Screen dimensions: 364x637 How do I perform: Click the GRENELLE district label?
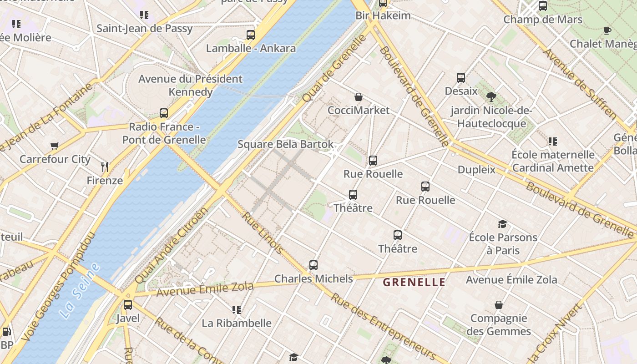tap(414, 282)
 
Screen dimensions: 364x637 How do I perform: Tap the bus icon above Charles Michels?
tap(313, 265)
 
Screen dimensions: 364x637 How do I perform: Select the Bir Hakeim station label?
tap(383, 15)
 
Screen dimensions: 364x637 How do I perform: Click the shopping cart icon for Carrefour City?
tap(55, 146)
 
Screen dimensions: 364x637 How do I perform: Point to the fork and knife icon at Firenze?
tap(105, 167)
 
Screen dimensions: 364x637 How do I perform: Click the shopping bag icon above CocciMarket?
tap(359, 97)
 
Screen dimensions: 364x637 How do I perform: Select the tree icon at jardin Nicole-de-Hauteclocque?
tap(491, 96)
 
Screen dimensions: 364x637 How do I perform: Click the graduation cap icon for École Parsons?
tap(502, 224)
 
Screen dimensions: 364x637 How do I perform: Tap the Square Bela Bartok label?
tap(285, 144)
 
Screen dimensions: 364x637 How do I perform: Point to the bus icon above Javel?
tap(128, 304)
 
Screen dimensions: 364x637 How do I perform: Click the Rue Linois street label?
tap(263, 233)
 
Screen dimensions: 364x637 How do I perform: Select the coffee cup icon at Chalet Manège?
tap(607, 30)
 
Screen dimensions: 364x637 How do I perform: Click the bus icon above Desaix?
tap(461, 78)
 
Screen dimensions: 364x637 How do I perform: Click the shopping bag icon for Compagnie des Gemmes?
tap(499, 305)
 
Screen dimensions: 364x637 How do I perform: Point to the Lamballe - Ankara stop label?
tap(251, 48)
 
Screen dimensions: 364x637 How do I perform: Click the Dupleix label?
tap(476, 170)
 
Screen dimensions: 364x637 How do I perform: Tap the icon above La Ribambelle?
tap(236, 310)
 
